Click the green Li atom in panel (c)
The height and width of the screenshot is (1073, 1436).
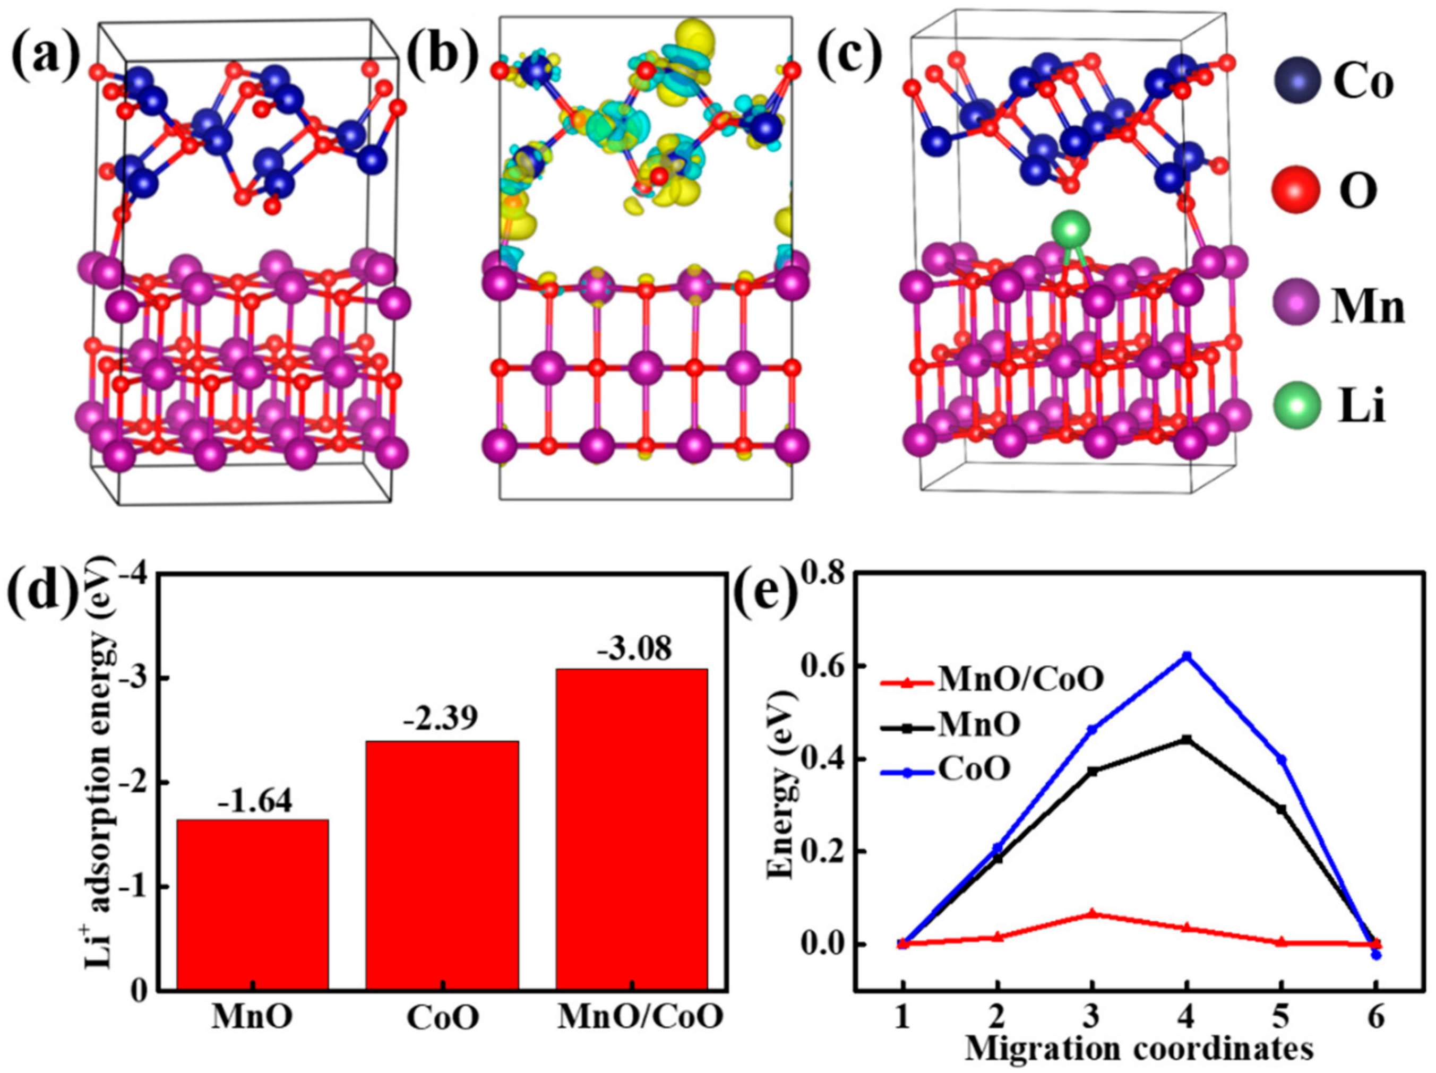pos(1069,230)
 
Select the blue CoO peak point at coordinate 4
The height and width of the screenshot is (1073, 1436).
pos(1186,656)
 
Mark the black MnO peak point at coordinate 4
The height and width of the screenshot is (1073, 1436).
pos(1186,739)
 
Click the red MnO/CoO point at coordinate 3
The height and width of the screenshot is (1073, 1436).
pos(1092,913)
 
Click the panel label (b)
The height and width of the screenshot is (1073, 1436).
pos(442,53)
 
